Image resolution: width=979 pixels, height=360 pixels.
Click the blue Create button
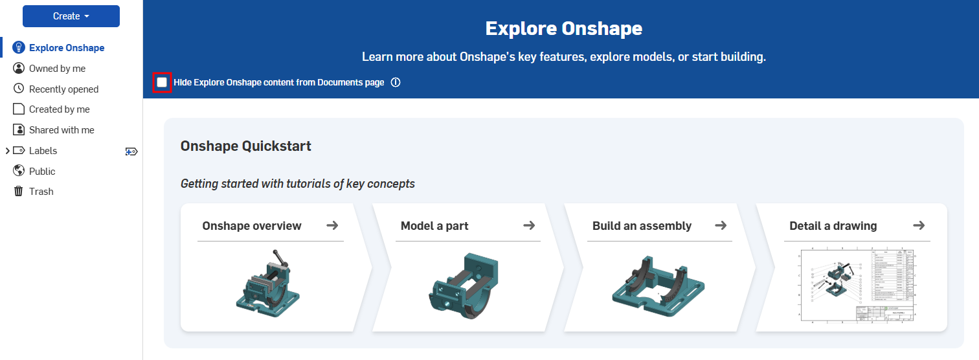71,16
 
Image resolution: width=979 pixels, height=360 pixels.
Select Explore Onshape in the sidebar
66,48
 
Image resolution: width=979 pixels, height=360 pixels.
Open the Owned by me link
57,69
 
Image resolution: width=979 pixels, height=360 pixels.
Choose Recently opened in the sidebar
63,89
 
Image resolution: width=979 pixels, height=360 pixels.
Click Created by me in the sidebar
59,109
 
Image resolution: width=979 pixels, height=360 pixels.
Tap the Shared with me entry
62,130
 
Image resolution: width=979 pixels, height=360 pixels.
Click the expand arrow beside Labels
7,151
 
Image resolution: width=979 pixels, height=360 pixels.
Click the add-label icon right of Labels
131,152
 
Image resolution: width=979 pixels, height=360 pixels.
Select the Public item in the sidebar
42,172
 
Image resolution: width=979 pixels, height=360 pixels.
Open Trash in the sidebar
41,192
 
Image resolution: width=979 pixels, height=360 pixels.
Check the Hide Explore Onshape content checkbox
162,83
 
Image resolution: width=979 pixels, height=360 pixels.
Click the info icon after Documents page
396,83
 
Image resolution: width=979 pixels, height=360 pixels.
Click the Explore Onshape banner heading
563,29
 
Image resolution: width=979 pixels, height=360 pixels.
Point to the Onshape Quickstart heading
246,146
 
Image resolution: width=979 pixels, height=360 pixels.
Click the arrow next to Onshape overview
332,225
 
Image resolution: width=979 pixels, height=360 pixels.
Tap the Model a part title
434,226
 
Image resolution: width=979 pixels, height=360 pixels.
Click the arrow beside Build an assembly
721,225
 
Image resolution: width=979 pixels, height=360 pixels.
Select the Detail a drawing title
833,226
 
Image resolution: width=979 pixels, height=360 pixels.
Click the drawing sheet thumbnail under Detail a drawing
856,285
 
